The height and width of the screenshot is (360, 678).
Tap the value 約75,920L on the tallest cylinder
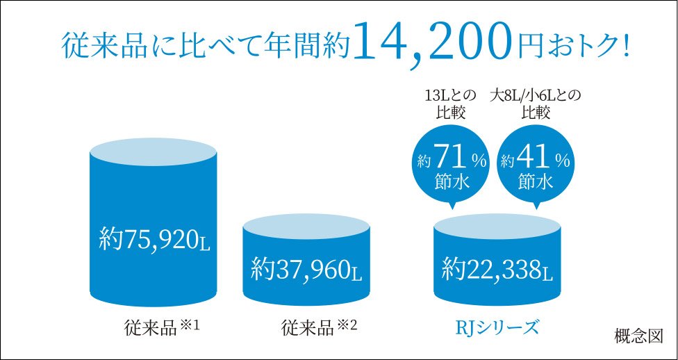(154, 238)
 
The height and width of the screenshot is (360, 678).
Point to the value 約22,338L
(497, 266)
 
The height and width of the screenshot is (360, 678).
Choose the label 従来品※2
(319, 326)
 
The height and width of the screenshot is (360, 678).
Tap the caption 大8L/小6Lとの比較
(536, 103)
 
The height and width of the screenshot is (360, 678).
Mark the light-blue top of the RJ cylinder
(497, 224)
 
